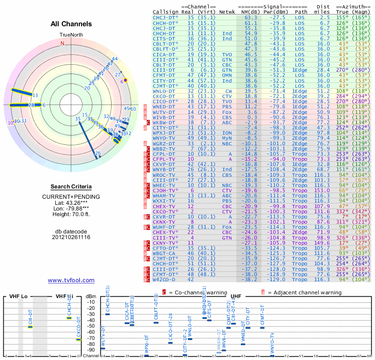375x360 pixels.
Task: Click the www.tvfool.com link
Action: point(71,280)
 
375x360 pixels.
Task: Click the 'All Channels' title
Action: point(71,24)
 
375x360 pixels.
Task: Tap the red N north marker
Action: point(62,43)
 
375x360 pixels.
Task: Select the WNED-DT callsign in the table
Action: point(164,106)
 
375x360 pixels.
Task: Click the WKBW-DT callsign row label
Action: point(164,122)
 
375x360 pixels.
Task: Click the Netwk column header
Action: point(227,12)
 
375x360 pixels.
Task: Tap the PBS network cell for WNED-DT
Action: point(227,106)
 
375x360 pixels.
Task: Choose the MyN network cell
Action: point(227,138)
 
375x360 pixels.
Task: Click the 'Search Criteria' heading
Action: point(71,187)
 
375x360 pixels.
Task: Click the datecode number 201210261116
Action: point(71,237)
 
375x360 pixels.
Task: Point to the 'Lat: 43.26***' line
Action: point(71,202)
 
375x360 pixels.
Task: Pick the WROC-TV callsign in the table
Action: point(164,175)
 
